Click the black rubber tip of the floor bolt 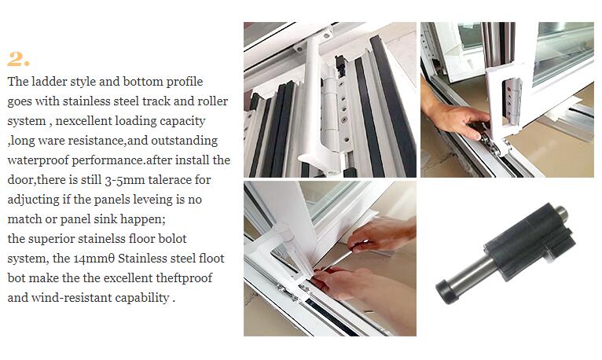point(448,288)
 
